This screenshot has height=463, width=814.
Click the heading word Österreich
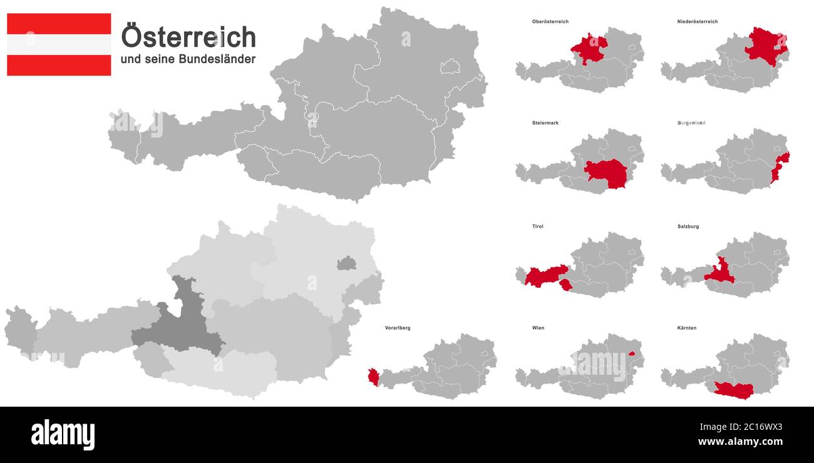188,37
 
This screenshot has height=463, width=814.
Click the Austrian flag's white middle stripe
59,44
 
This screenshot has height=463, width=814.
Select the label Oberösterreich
550,22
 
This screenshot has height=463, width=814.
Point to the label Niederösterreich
697,22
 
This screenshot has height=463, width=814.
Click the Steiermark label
545,123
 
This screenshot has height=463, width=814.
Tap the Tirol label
538,226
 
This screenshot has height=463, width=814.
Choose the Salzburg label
688,226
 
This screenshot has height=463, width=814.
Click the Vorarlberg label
398,328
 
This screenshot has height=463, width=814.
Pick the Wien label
538,328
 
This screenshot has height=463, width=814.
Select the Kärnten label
686,328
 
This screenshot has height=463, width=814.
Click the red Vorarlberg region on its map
374,377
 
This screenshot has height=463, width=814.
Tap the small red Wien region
632,354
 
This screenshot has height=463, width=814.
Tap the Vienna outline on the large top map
450,66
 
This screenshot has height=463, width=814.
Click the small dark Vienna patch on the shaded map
346,263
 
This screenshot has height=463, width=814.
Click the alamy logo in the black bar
63,434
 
